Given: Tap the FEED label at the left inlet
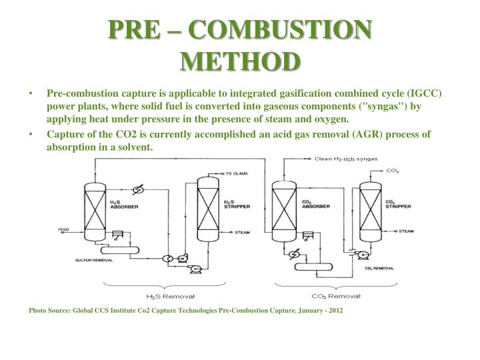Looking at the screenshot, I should point(64,229).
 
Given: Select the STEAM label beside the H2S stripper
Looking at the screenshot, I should point(241,233).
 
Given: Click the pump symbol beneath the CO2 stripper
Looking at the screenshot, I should point(362,255).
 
